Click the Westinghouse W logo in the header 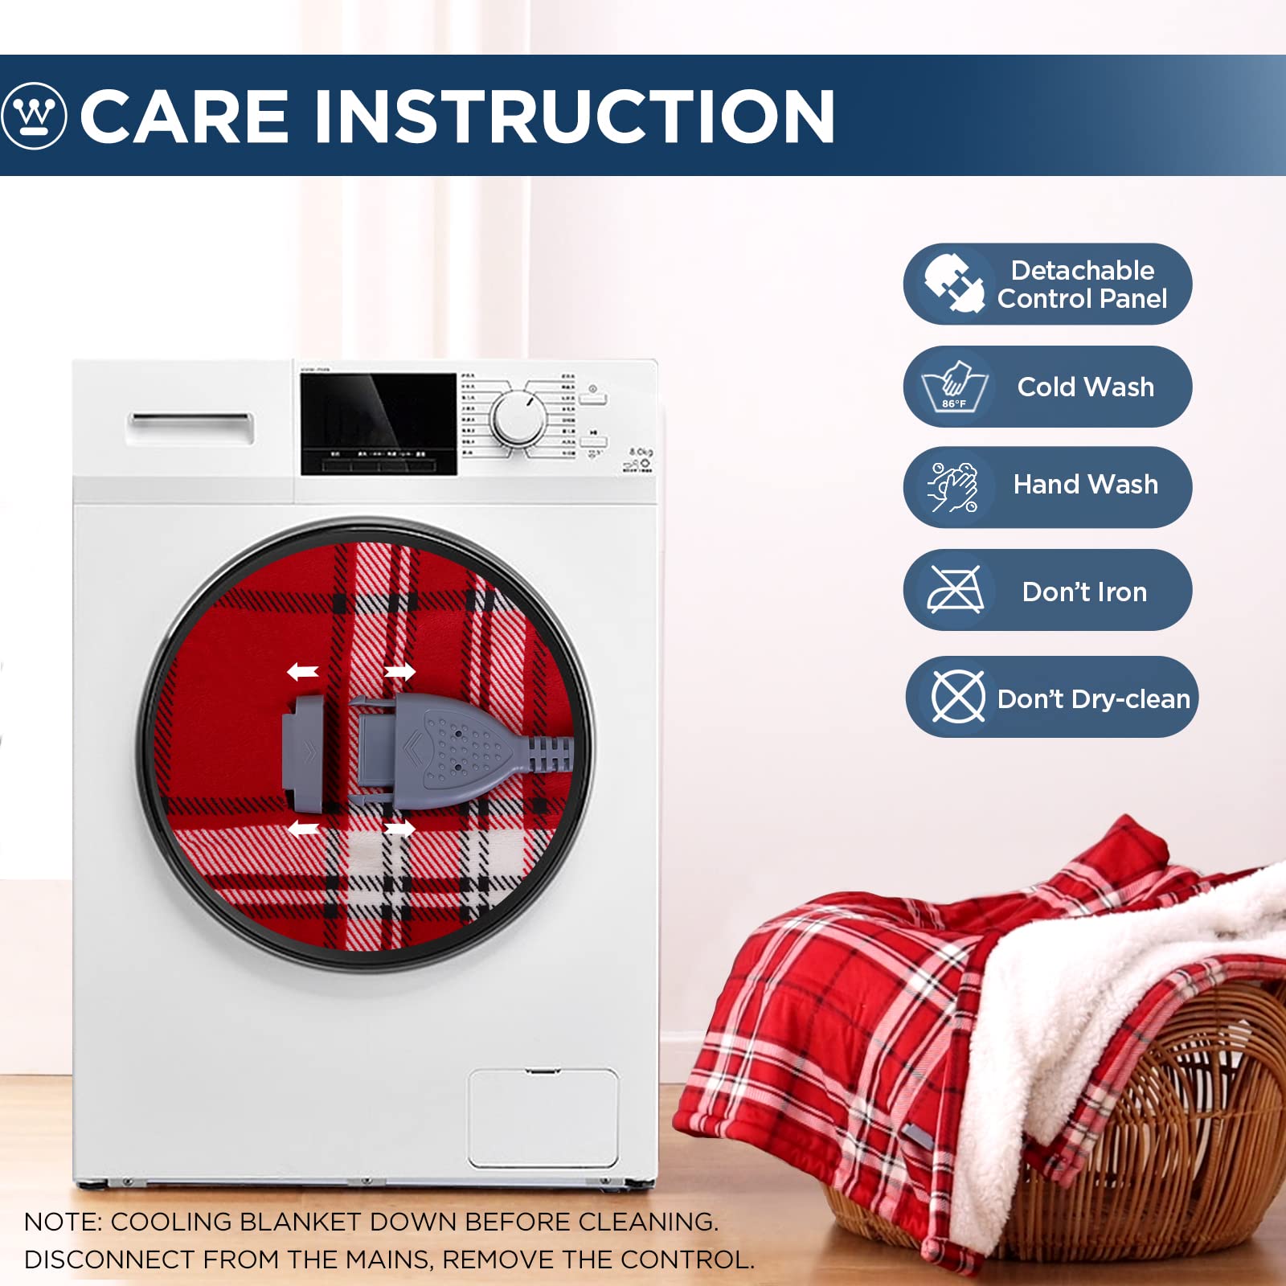(x=34, y=116)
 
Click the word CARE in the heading (x=184, y=117)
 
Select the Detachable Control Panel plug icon (x=954, y=283)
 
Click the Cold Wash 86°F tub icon (x=954, y=387)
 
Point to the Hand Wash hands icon (x=954, y=487)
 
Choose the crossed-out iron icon (x=955, y=590)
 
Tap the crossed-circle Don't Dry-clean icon (x=957, y=697)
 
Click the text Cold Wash (x=1085, y=387)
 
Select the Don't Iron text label (x=1084, y=592)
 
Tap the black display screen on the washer (x=378, y=424)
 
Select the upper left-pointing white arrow (x=303, y=671)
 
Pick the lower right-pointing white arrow (x=399, y=828)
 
